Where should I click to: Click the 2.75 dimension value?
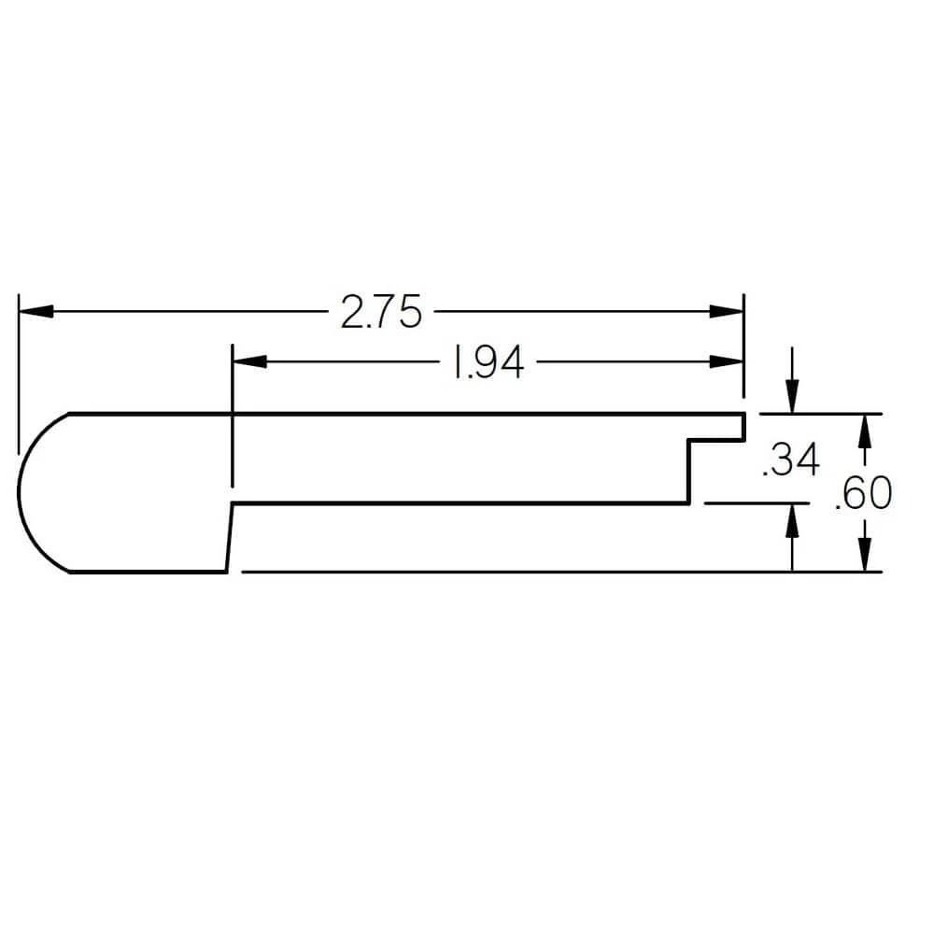click(381, 312)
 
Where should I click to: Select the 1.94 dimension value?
click(486, 363)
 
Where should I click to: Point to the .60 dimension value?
click(862, 494)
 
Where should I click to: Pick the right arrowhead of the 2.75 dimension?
click(726, 312)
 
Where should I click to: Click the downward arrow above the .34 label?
click(792, 398)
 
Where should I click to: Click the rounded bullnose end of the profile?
click(28, 492)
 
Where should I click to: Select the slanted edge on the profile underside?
click(229, 537)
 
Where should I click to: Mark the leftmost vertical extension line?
click(18, 374)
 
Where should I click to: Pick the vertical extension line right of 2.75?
click(743, 346)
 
